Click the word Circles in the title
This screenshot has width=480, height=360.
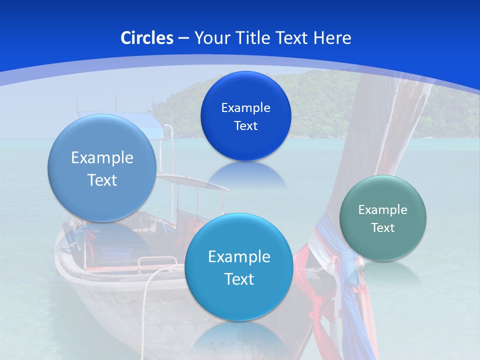click(147, 38)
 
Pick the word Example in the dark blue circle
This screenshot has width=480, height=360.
click(245, 108)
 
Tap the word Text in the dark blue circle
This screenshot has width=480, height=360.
click(245, 126)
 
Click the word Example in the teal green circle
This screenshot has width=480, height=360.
click(382, 210)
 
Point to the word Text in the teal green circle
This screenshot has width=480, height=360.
click(382, 228)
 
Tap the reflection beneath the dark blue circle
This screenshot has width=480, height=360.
click(245, 175)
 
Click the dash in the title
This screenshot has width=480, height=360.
click(183, 38)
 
